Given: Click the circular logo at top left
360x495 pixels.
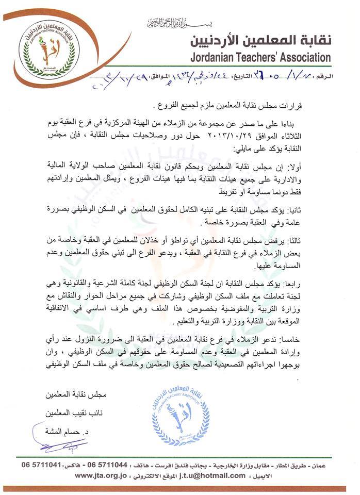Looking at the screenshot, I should pos(49,50).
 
